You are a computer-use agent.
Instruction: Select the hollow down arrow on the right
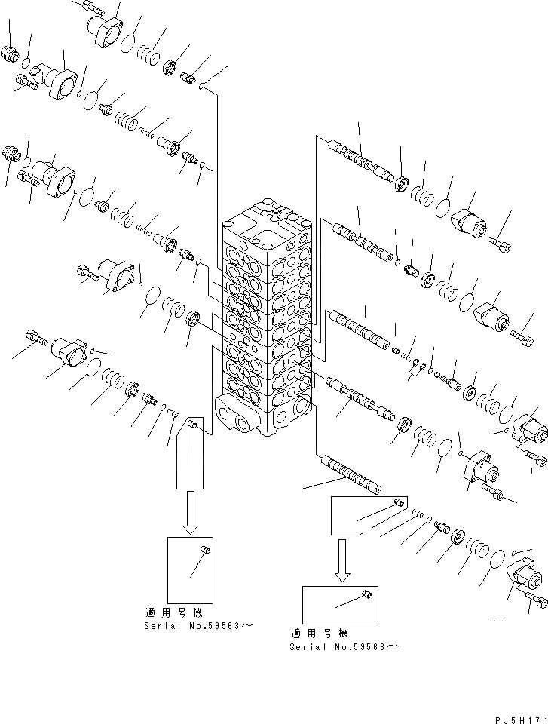pos(343,559)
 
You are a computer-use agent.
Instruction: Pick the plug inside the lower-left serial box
pos(204,553)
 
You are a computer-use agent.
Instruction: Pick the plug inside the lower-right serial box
pos(366,597)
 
